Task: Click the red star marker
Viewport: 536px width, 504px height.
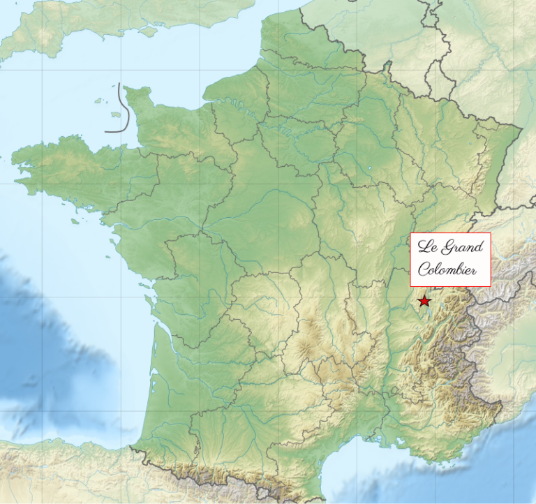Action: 424,301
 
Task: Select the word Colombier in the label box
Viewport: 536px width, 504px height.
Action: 447,270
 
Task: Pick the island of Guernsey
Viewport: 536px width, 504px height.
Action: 97,100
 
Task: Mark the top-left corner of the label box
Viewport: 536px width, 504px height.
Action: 410,234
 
